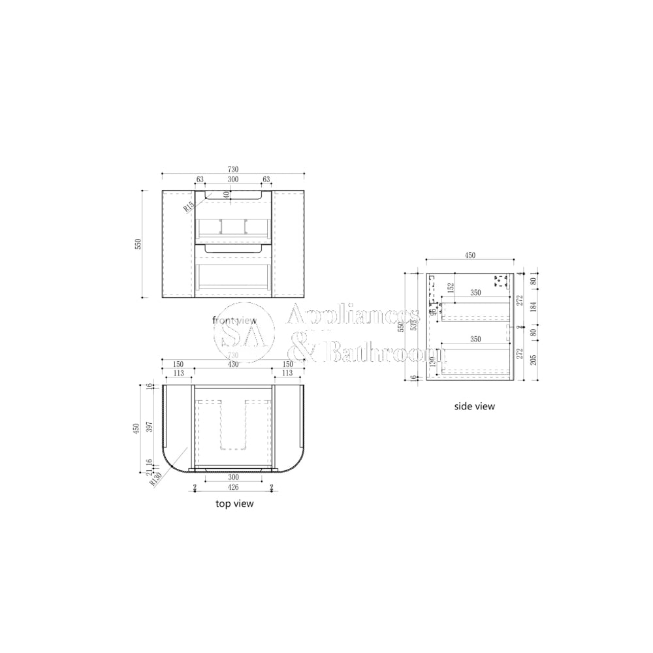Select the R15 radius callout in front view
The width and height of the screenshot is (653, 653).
[188, 206]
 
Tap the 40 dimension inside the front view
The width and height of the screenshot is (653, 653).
[227, 194]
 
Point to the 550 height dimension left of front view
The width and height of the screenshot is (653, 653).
[138, 244]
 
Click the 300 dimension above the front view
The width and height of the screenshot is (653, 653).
[232, 180]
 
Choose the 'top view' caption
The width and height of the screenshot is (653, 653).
[234, 503]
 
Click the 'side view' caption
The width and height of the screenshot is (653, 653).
[475, 406]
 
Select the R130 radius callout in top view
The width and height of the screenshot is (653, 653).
[156, 480]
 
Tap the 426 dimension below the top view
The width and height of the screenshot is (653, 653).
[233, 486]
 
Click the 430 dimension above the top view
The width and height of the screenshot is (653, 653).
[233, 364]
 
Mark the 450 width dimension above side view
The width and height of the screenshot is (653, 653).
[469, 255]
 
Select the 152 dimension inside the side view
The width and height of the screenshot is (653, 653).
[450, 287]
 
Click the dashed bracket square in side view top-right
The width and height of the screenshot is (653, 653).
[501, 281]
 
